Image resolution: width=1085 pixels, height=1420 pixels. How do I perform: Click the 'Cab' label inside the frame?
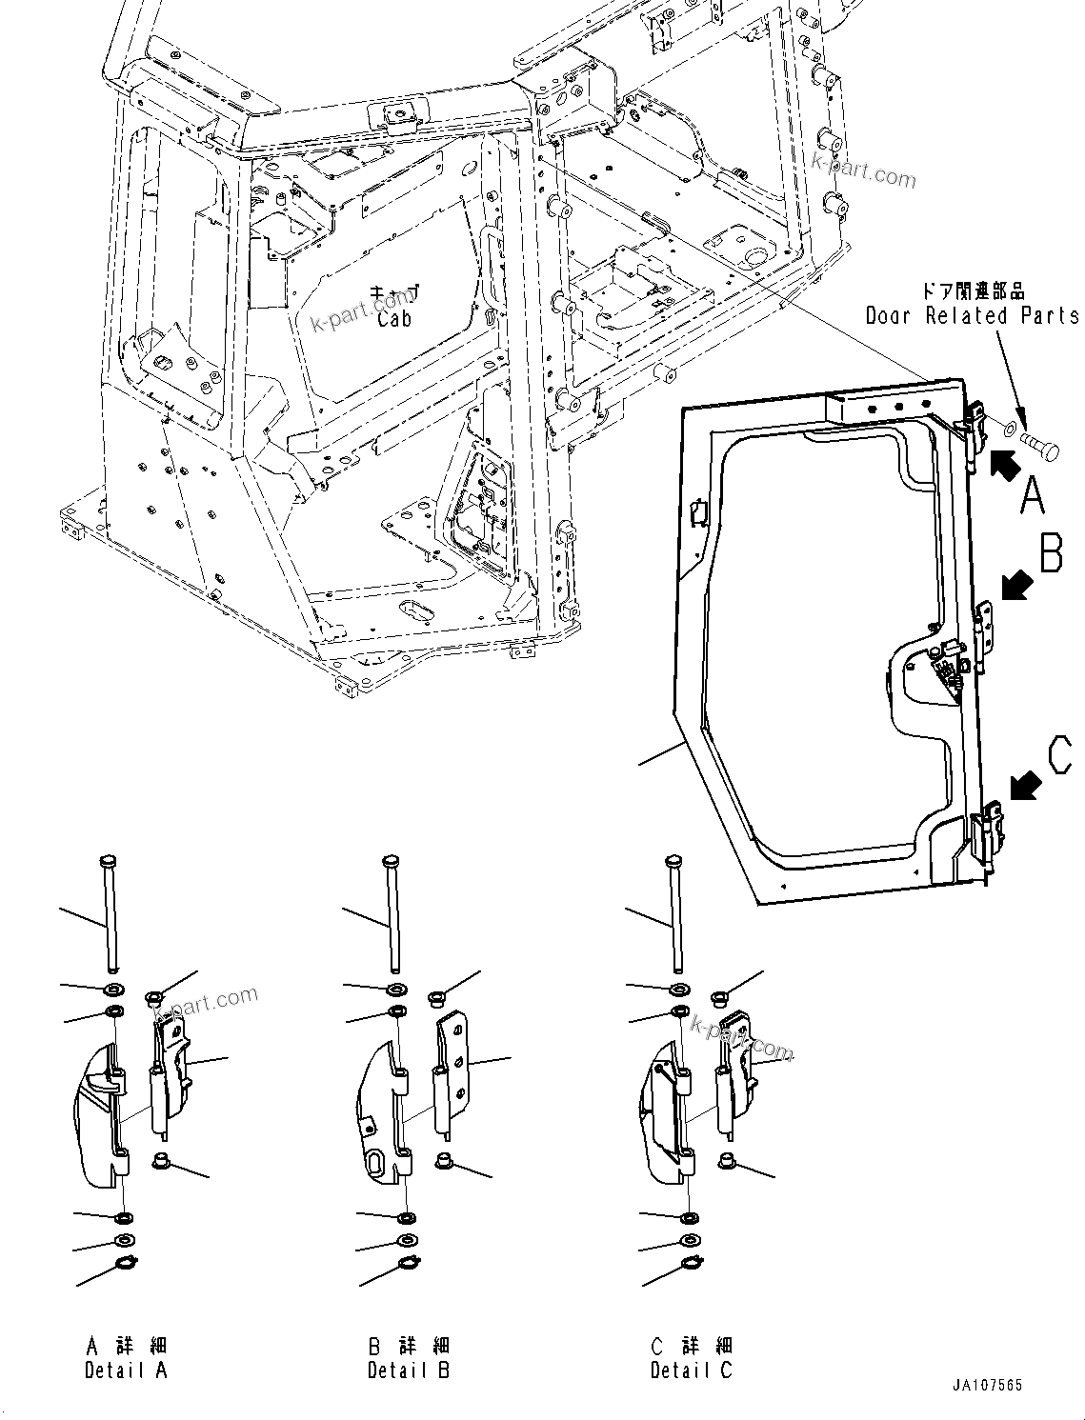(x=394, y=318)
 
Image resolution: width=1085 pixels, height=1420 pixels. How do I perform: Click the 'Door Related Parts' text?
(x=972, y=315)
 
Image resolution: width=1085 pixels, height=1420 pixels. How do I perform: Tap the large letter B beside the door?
(x=1051, y=553)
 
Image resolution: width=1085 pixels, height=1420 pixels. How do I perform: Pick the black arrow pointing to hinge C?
(x=1025, y=786)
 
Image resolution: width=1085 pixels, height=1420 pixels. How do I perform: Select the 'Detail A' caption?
(x=126, y=1370)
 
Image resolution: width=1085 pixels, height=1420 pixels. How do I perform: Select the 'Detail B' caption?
(x=409, y=1370)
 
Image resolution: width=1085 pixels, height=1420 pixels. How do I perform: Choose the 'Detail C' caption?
(x=692, y=1370)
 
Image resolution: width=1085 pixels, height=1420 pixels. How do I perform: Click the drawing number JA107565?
(x=985, y=1386)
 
